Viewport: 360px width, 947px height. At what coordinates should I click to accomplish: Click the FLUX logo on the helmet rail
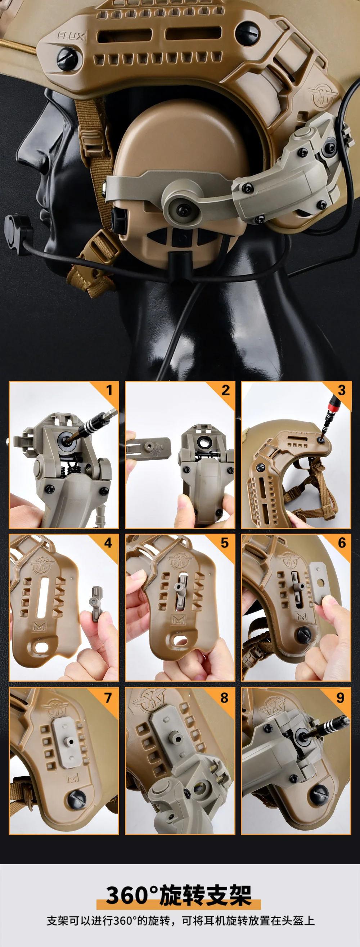(x=71, y=36)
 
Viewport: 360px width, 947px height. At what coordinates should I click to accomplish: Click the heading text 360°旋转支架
(x=179, y=895)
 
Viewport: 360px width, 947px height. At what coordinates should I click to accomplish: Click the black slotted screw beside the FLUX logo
(x=68, y=57)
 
